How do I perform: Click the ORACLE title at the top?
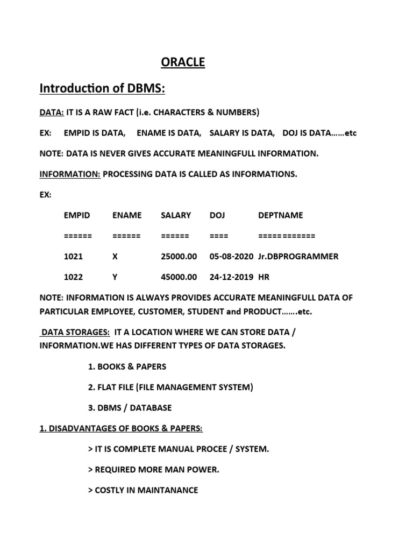coord(183,62)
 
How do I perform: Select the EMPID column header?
coord(77,215)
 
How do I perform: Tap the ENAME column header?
coord(127,215)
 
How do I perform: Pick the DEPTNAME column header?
coord(280,215)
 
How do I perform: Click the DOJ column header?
coord(217,215)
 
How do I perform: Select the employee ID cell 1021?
coord(73,257)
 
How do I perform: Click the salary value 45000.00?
coord(179,277)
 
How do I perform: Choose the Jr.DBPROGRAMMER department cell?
coord(298,257)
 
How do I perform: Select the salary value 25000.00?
coord(179,257)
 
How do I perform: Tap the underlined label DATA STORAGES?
coord(75,333)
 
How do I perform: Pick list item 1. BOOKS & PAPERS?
coord(127,366)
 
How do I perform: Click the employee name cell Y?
coord(115,277)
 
